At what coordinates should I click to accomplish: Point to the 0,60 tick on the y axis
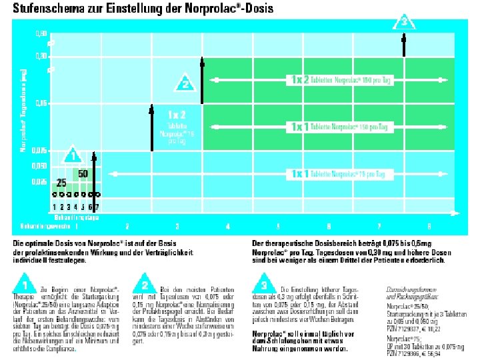(41, 33)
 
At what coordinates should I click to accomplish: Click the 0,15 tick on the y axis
(41, 103)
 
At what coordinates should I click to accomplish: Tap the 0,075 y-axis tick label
(40, 151)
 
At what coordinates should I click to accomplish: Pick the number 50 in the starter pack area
(83, 173)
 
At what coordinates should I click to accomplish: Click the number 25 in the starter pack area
(61, 182)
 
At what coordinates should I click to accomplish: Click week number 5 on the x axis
(278, 225)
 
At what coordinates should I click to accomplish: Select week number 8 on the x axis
(429, 225)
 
